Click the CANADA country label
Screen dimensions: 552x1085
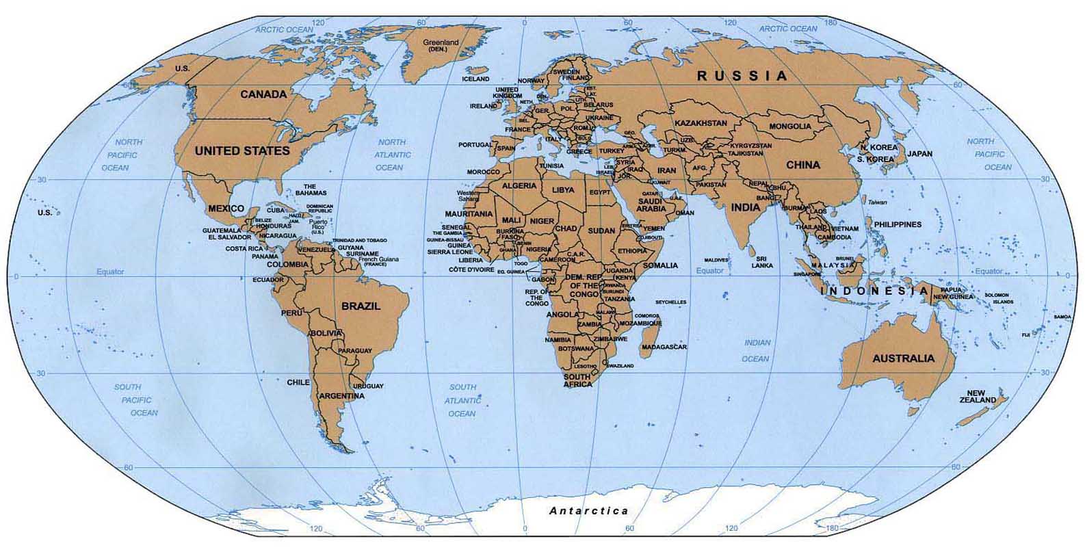click(263, 94)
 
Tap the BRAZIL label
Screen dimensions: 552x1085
click(361, 306)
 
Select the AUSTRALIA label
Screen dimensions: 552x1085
click(903, 358)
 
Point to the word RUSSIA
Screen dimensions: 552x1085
click(742, 77)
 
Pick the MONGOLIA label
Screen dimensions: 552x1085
click(790, 127)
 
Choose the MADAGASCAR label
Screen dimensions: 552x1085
click(664, 347)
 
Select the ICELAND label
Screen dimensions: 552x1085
click(476, 79)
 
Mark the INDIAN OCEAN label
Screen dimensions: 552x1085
click(756, 350)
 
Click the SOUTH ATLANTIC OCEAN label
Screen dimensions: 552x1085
click(462, 400)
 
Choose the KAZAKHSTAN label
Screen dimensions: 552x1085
click(701, 123)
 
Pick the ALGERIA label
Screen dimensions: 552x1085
click(520, 186)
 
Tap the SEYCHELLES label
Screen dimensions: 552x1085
click(670, 302)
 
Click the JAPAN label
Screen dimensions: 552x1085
click(920, 154)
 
